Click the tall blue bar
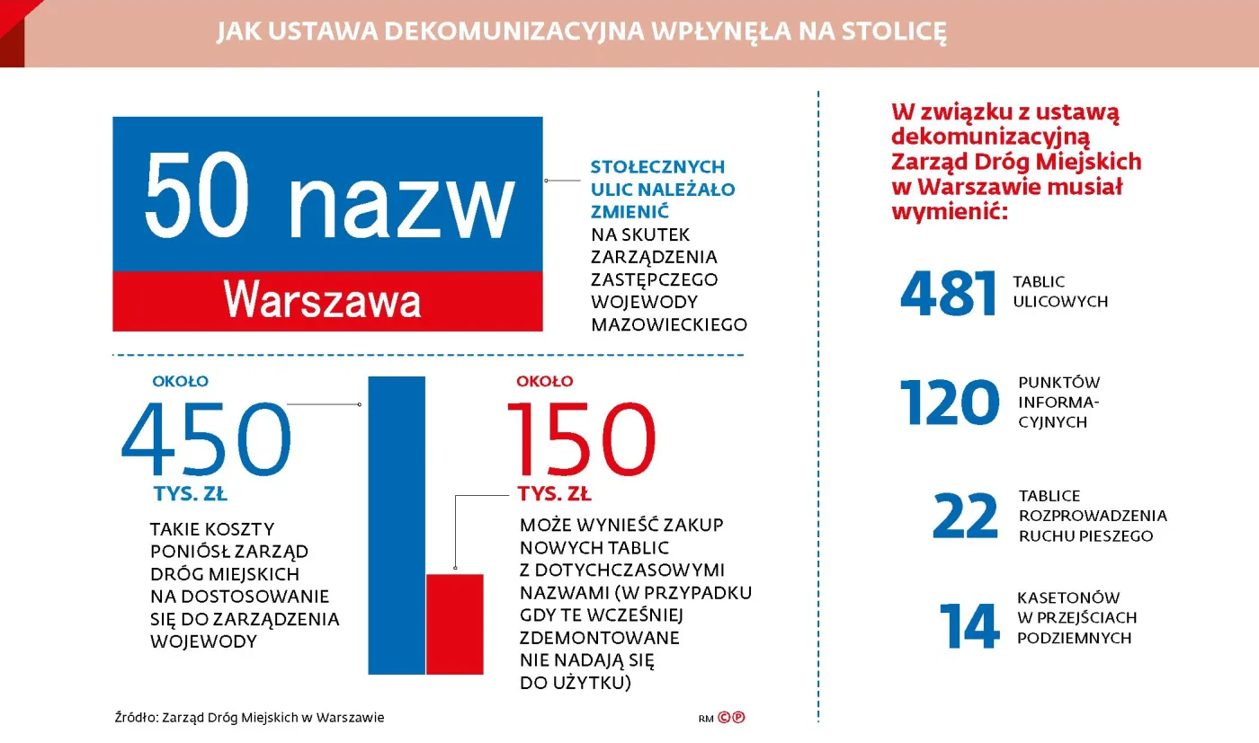coord(396,525)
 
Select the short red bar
coord(454,624)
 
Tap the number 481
coord(949,294)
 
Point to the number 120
coord(949,402)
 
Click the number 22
coord(965,517)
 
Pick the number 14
coord(969,625)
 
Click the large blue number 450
coord(207,440)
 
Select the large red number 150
coord(582,440)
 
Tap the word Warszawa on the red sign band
coord(322,300)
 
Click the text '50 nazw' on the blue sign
coord(328,196)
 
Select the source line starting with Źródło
coord(249,718)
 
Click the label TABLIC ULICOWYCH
coord(1059,292)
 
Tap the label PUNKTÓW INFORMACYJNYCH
coord(1058,402)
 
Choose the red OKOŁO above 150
coord(544,381)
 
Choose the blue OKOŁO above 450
coord(180,381)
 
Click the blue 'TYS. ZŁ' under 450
coord(190,494)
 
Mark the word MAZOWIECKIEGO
coord(668,324)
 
